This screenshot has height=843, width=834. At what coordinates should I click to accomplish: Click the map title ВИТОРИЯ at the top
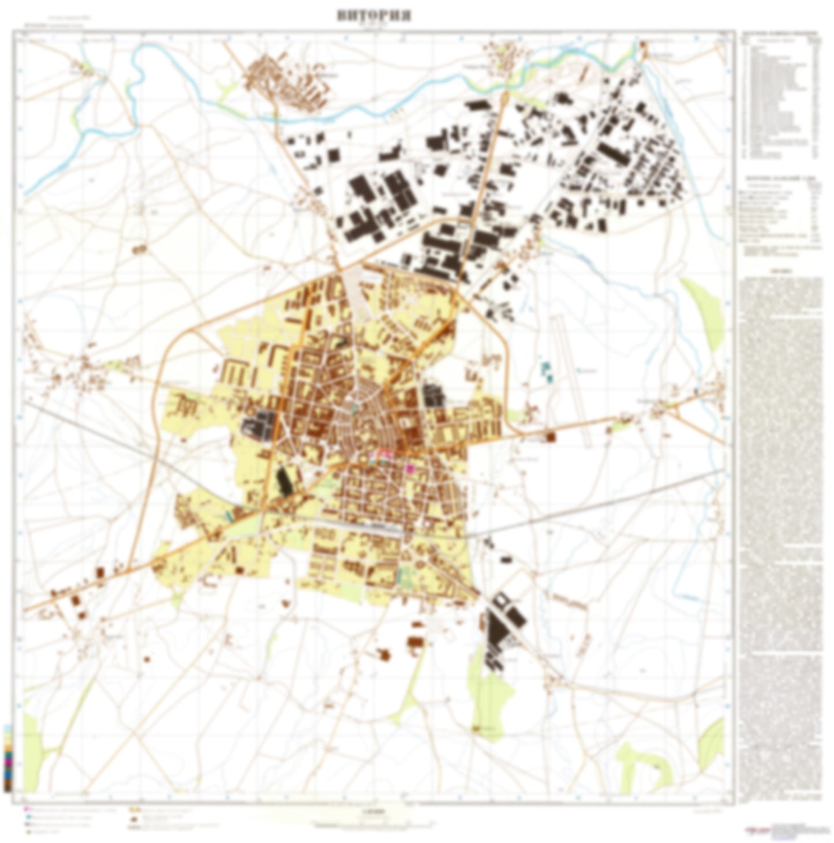pyautogui.click(x=374, y=16)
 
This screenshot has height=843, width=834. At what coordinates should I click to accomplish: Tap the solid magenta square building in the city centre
pyautogui.click(x=410, y=469)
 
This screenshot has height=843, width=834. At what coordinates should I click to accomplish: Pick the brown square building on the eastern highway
pyautogui.click(x=550, y=437)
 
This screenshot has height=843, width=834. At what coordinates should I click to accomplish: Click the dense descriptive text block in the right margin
pyautogui.click(x=781, y=508)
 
